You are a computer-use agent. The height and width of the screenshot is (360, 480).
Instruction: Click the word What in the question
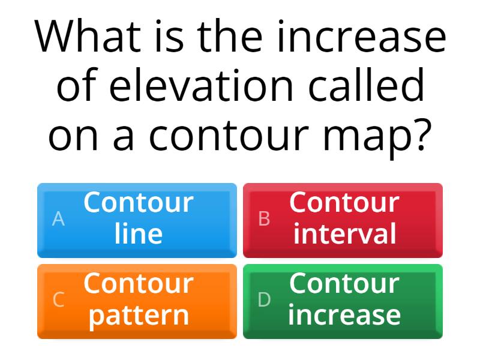pyautogui.click(x=86, y=37)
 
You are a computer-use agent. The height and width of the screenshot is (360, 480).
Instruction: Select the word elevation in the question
pyautogui.click(x=202, y=86)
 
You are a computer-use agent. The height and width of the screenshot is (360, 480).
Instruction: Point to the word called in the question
pyautogui.click(x=367, y=86)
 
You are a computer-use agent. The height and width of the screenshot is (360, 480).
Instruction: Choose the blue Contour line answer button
pyautogui.click(x=137, y=220)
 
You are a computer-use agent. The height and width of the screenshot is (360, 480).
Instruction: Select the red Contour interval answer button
pyautogui.click(x=343, y=220)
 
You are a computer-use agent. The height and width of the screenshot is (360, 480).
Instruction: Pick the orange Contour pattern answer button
pyautogui.click(x=137, y=301)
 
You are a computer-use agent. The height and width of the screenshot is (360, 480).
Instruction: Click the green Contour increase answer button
pyautogui.click(x=343, y=301)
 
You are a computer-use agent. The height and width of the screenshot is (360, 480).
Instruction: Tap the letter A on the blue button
pyautogui.click(x=58, y=220)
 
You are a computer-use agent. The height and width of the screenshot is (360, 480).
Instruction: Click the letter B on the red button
pyautogui.click(x=264, y=220)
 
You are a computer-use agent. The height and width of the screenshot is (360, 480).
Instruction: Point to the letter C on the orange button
pyautogui.click(x=58, y=300)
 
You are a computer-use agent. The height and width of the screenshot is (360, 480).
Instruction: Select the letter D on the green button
pyautogui.click(x=264, y=300)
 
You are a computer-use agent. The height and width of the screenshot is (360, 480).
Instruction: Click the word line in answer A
pyautogui.click(x=139, y=234)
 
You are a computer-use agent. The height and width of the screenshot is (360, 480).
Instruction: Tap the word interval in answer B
pyautogui.click(x=344, y=234)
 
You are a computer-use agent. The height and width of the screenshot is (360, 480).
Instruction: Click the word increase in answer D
pyautogui.click(x=344, y=315)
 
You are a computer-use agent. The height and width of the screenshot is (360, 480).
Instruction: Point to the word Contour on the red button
pyautogui.click(x=344, y=203)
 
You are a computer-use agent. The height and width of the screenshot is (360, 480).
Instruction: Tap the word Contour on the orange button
pyautogui.click(x=139, y=284)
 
